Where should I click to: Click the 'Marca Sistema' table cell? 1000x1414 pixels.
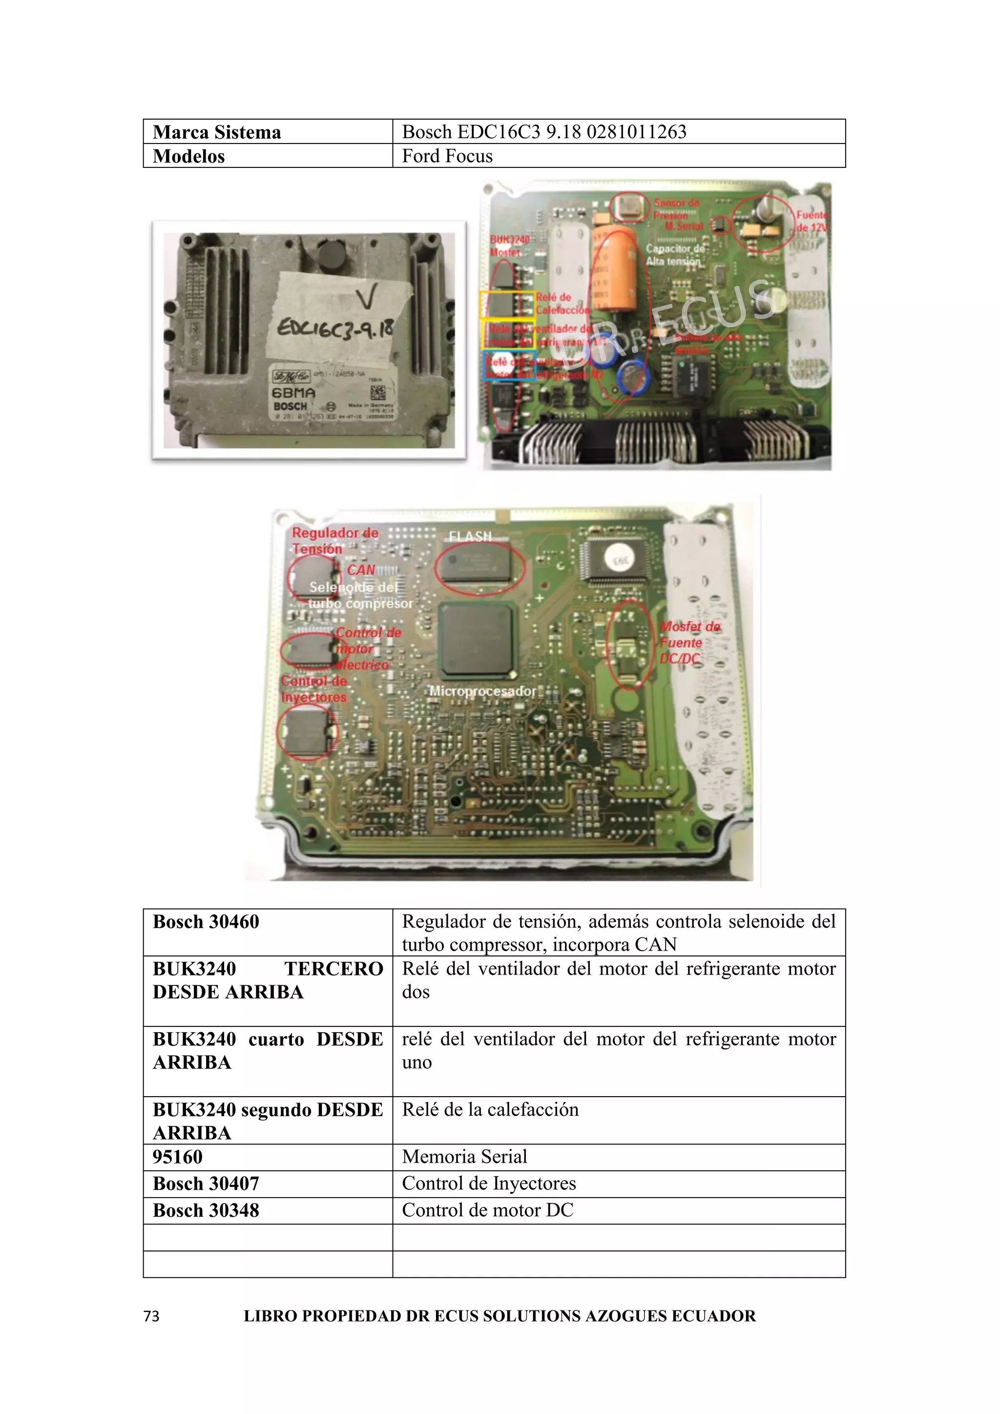point(217,132)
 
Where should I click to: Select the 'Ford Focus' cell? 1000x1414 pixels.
point(447,156)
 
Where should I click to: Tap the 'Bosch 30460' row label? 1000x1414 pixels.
point(206,921)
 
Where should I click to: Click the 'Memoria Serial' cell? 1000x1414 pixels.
point(464,1157)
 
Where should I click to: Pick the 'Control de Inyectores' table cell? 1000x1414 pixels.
point(489,1183)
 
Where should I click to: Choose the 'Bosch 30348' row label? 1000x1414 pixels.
point(206,1210)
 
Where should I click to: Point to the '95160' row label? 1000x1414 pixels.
point(177,1157)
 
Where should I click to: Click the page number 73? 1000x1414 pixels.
point(151,1316)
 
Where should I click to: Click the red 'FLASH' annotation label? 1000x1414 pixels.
point(470,537)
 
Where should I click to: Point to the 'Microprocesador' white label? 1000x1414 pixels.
point(483,691)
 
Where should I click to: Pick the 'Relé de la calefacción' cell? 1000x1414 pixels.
point(490,1109)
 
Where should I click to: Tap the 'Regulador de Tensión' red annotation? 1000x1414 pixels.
point(334,540)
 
